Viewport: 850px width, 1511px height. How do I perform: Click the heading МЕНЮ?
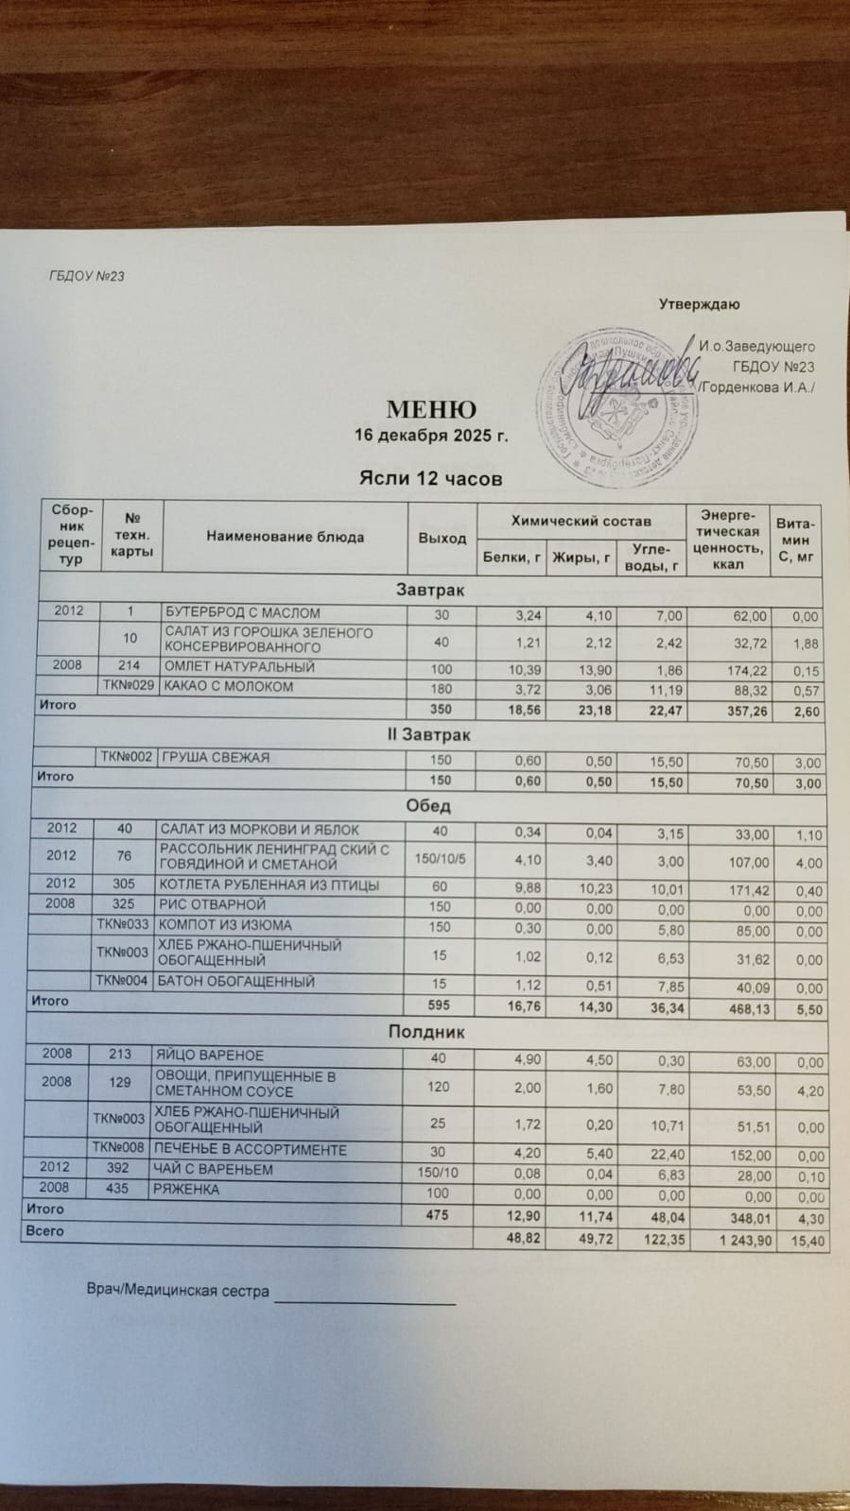pos(430,410)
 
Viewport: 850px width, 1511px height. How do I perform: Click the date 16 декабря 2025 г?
pos(431,436)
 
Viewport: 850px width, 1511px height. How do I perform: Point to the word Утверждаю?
pos(699,304)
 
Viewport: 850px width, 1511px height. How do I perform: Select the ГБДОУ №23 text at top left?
pos(86,276)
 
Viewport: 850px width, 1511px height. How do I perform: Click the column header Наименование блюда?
pos(285,537)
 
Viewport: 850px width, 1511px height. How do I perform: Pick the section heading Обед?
pos(428,806)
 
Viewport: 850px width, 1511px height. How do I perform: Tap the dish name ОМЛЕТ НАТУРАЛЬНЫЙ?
pos(239,666)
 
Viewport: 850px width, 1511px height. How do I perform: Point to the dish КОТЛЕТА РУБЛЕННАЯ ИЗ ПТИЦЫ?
pos(269,885)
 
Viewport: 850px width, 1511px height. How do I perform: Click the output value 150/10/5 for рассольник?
pos(441,857)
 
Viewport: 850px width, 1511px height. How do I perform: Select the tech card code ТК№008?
pos(119,1149)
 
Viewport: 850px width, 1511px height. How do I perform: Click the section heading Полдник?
pos(427,1032)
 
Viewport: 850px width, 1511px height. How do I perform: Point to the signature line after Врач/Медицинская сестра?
pos(364,1301)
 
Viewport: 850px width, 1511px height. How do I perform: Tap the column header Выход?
pos(442,538)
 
